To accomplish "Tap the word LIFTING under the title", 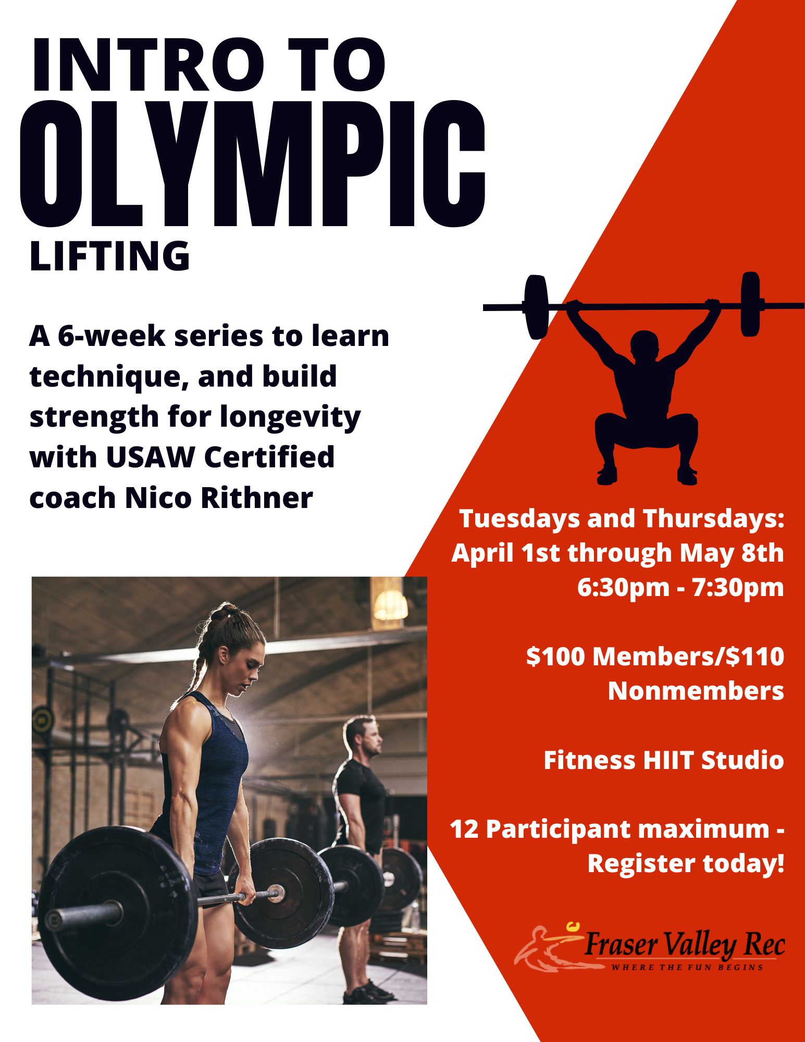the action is (110, 256).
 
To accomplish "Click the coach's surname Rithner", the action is (257, 498).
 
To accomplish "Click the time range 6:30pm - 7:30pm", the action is (680, 587).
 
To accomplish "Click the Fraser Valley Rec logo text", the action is (684, 945).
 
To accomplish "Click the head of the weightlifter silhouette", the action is (643, 345).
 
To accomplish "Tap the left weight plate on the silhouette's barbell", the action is (536, 307).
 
